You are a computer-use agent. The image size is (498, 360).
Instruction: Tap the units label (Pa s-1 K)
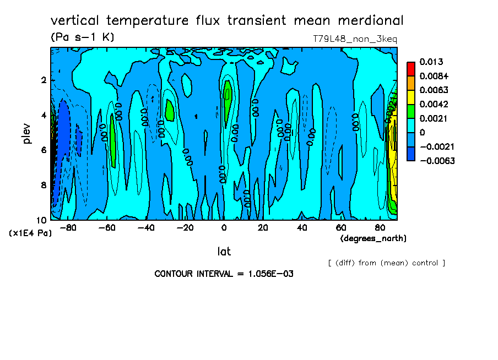82,37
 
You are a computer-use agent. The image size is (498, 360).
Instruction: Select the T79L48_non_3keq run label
355,39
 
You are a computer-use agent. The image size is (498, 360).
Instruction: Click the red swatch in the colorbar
411,68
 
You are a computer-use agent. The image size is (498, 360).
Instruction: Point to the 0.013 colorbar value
431,62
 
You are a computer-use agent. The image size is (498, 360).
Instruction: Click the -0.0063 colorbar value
437,161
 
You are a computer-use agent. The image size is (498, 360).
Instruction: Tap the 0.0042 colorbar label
434,105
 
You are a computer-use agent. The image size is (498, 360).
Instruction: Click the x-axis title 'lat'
224,252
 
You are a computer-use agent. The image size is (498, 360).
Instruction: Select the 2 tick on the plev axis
44,80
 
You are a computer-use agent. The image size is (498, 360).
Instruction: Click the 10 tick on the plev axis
41,220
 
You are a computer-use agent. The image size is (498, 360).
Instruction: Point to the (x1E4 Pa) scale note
30,233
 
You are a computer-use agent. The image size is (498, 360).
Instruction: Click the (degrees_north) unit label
373,238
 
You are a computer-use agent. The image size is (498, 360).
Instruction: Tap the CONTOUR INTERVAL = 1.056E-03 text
224,274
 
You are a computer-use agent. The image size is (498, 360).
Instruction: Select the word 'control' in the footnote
424,263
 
